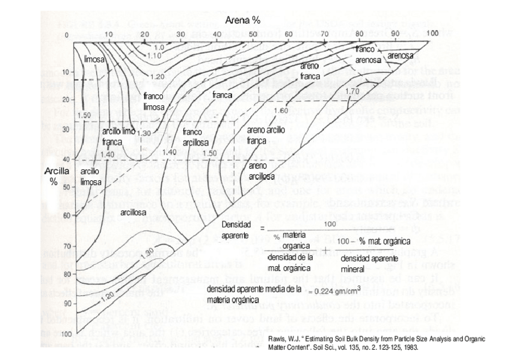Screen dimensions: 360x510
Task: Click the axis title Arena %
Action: point(242,20)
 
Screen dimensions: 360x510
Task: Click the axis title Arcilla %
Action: point(58,176)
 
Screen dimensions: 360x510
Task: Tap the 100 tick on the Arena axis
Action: point(432,32)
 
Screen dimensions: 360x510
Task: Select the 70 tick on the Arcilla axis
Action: point(67,246)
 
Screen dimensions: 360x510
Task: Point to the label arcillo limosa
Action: point(91,177)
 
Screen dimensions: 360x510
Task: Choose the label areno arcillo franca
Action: point(265,135)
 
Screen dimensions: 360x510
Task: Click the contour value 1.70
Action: point(353,91)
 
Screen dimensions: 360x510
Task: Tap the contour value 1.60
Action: point(281,111)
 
